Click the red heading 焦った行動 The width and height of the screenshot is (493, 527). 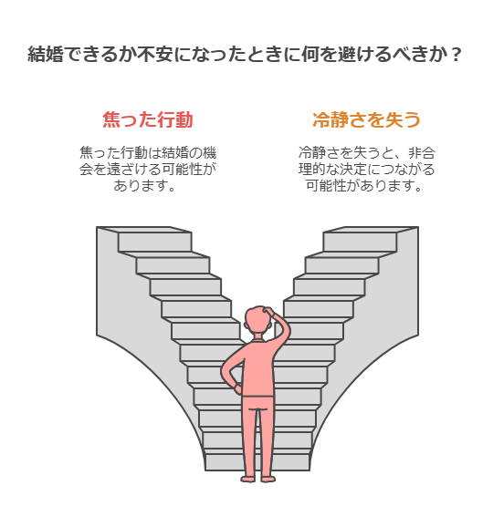pyautogui.click(x=147, y=119)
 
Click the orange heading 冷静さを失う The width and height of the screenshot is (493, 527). pyautogui.click(x=366, y=119)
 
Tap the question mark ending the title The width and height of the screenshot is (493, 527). pyautogui.click(x=456, y=54)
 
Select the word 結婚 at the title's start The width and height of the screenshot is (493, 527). pyautogui.click(x=45, y=54)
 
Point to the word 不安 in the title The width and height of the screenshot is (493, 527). pyautogui.click(x=155, y=54)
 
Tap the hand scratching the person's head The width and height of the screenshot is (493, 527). pyautogui.click(x=271, y=311)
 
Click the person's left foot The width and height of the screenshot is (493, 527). pyautogui.click(x=248, y=479)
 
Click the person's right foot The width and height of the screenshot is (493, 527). pyautogui.click(x=267, y=479)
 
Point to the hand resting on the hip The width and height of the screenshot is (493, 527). pyautogui.click(x=237, y=388)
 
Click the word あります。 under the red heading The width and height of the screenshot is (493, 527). pyautogui.click(x=144, y=185)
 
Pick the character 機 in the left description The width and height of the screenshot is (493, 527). pyautogui.click(x=209, y=153)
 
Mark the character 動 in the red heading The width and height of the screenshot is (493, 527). pyautogui.click(x=184, y=119)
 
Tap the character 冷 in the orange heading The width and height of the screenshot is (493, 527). pyautogui.click(x=321, y=119)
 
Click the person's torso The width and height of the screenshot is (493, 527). pyautogui.click(x=257, y=368)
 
